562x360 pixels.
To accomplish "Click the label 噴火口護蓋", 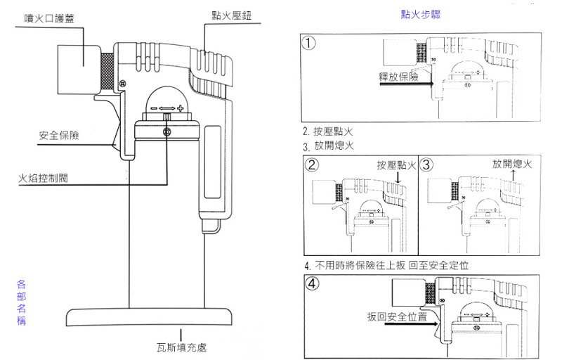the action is [x=49, y=18].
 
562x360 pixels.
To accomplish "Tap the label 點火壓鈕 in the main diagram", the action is [x=232, y=15].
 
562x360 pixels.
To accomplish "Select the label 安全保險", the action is [x=59, y=135].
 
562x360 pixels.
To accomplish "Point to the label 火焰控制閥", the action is [x=43, y=178].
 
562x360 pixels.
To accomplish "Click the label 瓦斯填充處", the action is [x=181, y=347].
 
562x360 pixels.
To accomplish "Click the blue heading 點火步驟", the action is [x=420, y=14].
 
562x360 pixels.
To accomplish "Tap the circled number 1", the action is [x=309, y=43].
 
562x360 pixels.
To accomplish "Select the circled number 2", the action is [x=312, y=165].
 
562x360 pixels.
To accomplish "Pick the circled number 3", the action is [x=426, y=165].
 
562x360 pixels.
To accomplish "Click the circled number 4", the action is [x=312, y=283].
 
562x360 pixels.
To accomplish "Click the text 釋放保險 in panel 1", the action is [x=398, y=77].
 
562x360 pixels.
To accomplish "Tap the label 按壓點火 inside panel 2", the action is [x=396, y=165].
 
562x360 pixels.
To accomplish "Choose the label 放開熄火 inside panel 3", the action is [x=512, y=164].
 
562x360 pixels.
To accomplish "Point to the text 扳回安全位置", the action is [x=397, y=316].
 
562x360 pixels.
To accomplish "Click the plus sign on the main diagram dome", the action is [x=181, y=108].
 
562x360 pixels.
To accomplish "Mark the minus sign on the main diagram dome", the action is [x=154, y=108].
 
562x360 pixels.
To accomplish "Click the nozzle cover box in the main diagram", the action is [x=79, y=70].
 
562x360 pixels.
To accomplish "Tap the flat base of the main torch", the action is [x=149, y=317].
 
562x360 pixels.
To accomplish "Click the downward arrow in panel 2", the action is [x=398, y=177].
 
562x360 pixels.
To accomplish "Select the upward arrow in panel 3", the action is [x=513, y=175].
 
